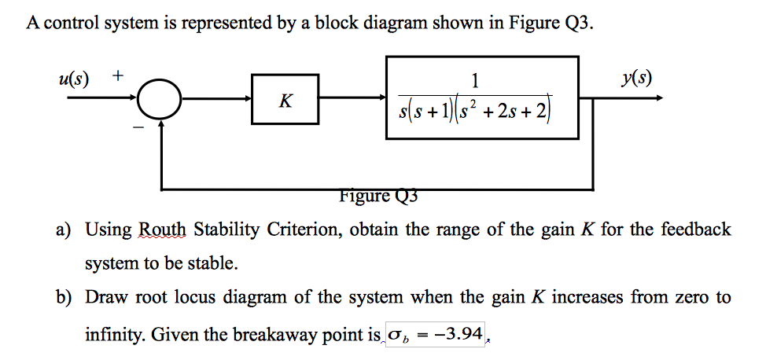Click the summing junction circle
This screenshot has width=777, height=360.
pyautogui.click(x=160, y=99)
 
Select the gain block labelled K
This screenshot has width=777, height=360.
pyautogui.click(x=285, y=99)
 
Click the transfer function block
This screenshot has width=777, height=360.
pyautogui.click(x=482, y=97)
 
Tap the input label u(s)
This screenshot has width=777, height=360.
pyautogui.click(x=74, y=79)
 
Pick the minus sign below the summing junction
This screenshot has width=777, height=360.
pyautogui.click(x=138, y=125)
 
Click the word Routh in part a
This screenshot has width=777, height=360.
pyautogui.click(x=164, y=230)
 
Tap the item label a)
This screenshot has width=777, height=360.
pyautogui.click(x=64, y=230)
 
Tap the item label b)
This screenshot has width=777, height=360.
pyautogui.click(x=64, y=298)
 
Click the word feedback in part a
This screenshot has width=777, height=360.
pyautogui.click(x=695, y=230)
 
